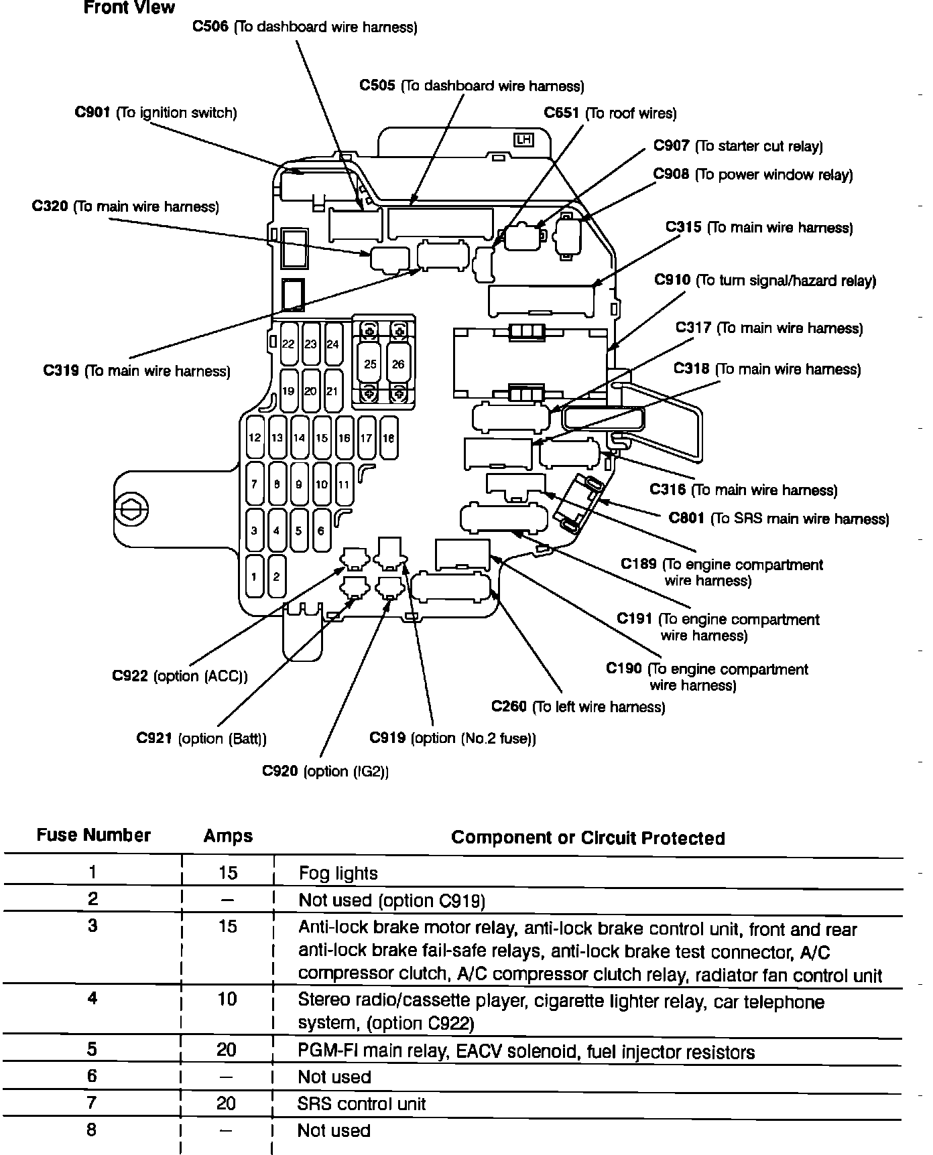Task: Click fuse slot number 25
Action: click(370, 364)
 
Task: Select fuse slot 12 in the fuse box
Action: click(255, 438)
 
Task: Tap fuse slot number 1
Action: click(254, 576)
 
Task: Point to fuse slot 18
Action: click(388, 438)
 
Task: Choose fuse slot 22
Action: click(288, 344)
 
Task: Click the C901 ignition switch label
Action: click(155, 113)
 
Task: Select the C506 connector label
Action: click(305, 27)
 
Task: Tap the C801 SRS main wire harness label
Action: click(778, 519)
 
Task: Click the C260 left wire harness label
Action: click(578, 707)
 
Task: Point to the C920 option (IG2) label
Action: click(325, 771)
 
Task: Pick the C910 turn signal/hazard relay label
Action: click(765, 281)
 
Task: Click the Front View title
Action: click(129, 8)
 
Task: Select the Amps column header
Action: click(228, 837)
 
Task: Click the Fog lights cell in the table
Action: click(338, 874)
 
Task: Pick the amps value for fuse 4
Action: click(227, 1000)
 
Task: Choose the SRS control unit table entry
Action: click(361, 1103)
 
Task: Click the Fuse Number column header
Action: click(93, 835)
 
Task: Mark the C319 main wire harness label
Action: click(137, 371)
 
